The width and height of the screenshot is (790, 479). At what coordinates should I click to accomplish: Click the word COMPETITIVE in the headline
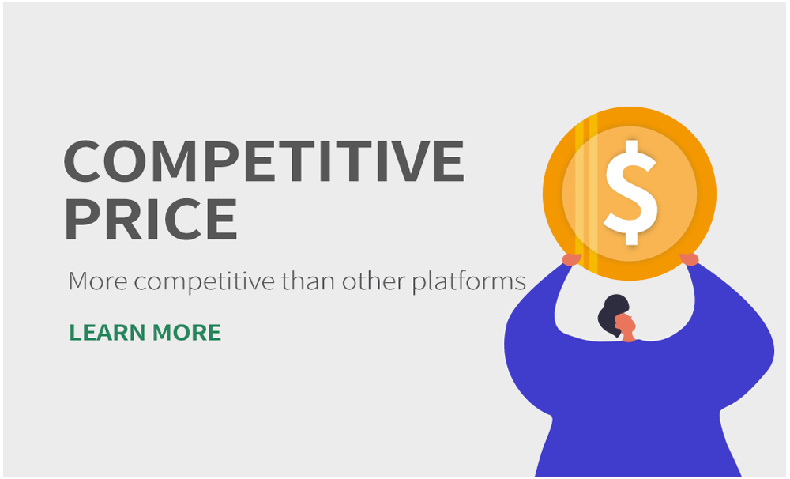point(264,160)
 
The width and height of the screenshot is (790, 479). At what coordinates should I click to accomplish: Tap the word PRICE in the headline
point(151,219)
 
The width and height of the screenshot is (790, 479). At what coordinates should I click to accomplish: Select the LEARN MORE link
point(145,333)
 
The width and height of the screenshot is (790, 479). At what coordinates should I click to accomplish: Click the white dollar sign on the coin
point(630,193)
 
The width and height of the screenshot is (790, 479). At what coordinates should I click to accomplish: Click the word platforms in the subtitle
point(469,282)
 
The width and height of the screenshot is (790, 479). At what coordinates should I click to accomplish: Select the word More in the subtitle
point(98,281)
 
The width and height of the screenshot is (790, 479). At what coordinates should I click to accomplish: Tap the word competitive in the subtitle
point(205,282)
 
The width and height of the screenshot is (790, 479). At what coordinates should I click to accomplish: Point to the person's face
point(626,324)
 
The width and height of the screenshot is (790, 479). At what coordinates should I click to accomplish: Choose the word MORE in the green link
point(187,333)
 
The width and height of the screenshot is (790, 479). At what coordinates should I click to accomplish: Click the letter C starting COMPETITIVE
point(82,160)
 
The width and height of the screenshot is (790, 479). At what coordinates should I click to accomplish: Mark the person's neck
point(629,338)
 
